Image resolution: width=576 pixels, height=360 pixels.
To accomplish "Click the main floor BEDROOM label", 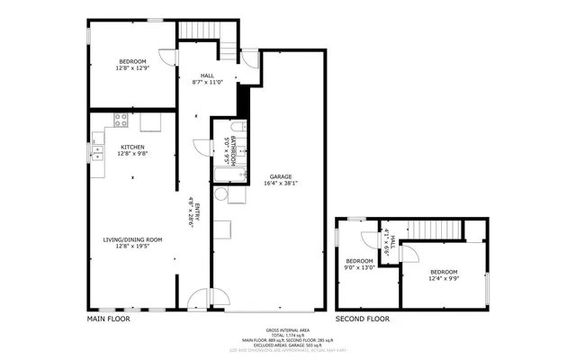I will (132, 61).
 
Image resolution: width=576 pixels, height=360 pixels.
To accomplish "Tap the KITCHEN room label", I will (132, 147).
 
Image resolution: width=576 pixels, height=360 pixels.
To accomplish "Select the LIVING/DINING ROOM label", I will (132, 238).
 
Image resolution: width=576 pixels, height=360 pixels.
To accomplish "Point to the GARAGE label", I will (281, 176).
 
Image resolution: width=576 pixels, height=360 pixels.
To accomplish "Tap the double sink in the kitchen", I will (97, 151).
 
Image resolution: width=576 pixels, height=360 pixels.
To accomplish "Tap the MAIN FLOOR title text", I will (108, 319).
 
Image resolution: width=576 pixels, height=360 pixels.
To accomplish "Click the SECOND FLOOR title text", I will (362, 319).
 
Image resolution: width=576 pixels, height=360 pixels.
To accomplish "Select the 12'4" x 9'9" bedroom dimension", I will (443, 278).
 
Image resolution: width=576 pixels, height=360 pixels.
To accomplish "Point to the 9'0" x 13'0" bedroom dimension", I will (360, 267).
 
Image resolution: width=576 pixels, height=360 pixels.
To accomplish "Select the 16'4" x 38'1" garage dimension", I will (281, 184).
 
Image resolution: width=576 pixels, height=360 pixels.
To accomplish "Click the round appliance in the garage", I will (220, 194).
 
